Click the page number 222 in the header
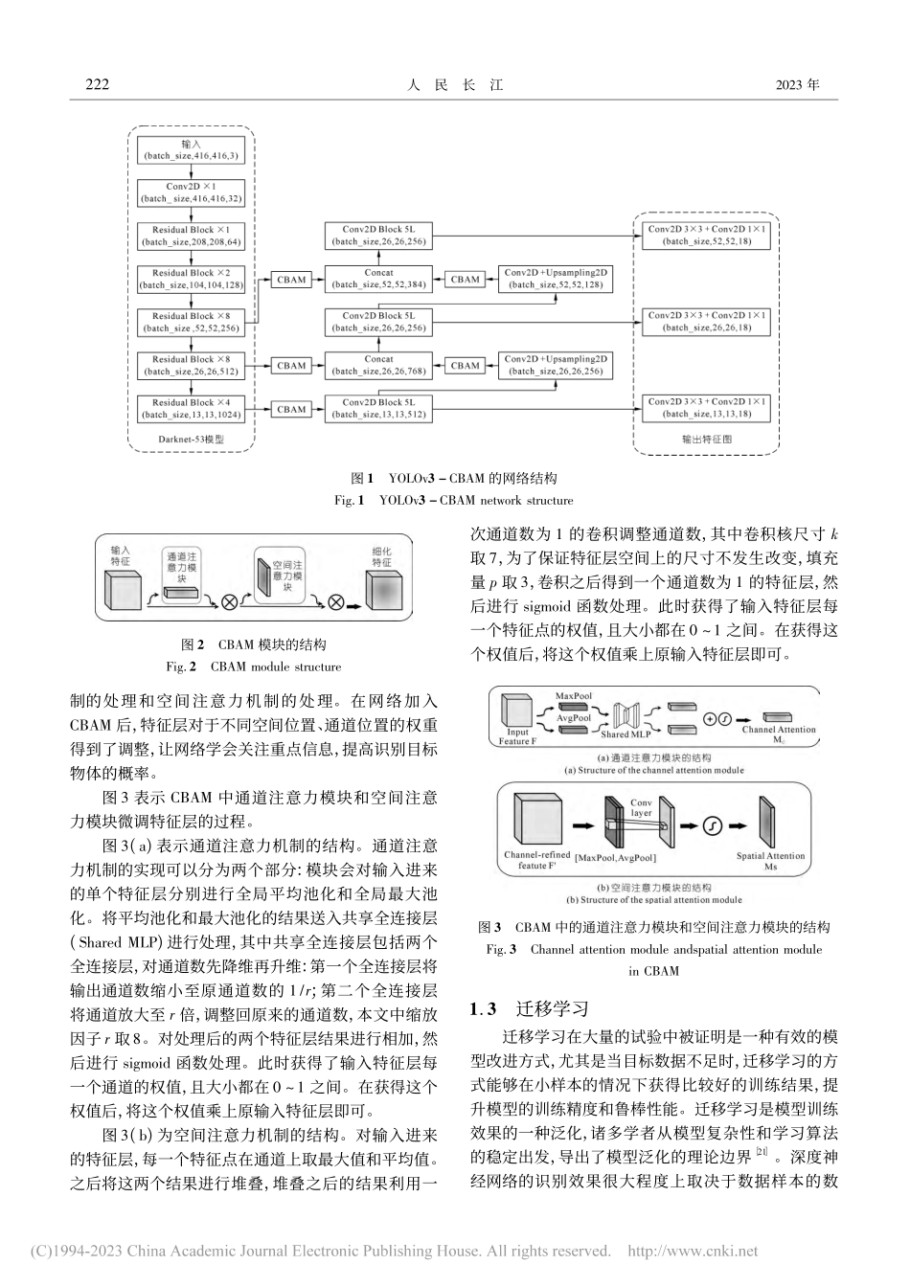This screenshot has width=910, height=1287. pyautogui.click(x=98, y=84)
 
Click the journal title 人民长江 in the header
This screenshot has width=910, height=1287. pyautogui.click(x=455, y=84)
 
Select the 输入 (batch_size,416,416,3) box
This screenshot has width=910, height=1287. pyautogui.click(x=191, y=149)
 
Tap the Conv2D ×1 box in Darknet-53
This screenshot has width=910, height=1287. pyautogui.click(x=191, y=192)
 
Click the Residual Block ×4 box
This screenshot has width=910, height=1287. pyautogui.click(x=191, y=409)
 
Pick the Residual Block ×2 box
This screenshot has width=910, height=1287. pyautogui.click(x=191, y=279)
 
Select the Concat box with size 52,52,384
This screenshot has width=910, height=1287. pyautogui.click(x=378, y=279)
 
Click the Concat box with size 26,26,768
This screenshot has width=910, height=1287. pyautogui.click(x=378, y=365)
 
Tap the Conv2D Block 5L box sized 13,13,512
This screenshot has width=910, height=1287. pyautogui.click(x=378, y=409)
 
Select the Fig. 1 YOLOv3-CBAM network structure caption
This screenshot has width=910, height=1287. pyautogui.click(x=454, y=500)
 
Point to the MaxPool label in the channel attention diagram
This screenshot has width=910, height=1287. pyautogui.click(x=574, y=696)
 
